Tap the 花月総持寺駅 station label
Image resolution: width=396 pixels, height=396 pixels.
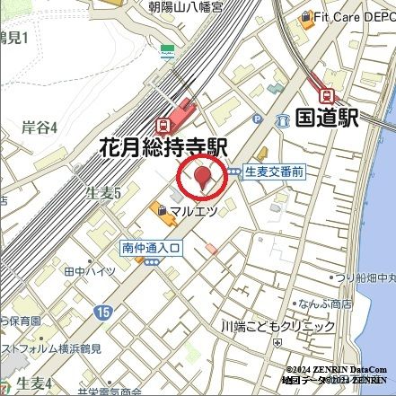pos(163,147)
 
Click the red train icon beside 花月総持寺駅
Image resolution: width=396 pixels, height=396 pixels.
pos(163,125)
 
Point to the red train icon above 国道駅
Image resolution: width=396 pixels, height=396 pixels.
pos(328,93)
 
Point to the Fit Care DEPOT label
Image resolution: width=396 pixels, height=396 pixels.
pos(353,16)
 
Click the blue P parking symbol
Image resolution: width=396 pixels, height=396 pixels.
pos(258,118)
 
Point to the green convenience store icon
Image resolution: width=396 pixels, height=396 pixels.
pos(167,50)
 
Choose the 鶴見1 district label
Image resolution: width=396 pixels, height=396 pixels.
pos(13,37)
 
